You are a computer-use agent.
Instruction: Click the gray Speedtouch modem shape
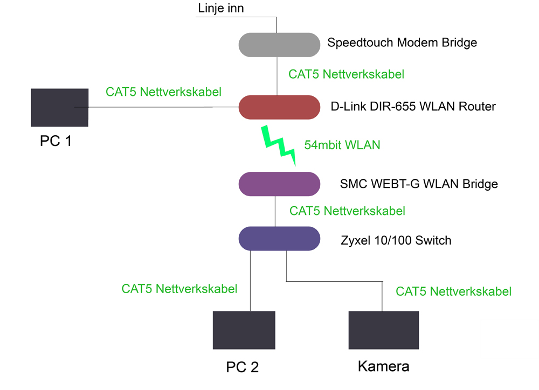click(279, 44)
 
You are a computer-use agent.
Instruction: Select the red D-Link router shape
click(279, 107)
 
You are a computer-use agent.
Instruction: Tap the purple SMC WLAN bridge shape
click(279, 184)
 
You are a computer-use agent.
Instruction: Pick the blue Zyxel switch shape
click(279, 239)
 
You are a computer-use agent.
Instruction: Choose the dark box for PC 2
click(244, 330)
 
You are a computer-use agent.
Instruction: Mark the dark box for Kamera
click(384, 330)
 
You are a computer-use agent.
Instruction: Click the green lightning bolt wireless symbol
click(279, 144)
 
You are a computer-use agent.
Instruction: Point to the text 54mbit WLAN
click(342, 145)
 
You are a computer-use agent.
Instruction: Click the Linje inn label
click(221, 9)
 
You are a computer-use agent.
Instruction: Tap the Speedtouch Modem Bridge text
click(402, 43)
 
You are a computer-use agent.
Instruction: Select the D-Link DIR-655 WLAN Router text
click(413, 107)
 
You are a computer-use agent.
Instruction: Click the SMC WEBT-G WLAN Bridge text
click(419, 184)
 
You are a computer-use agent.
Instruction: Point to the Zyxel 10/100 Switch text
click(396, 240)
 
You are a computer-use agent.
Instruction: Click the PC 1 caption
click(56, 142)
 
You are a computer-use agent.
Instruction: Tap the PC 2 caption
click(242, 367)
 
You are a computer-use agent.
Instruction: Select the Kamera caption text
click(383, 367)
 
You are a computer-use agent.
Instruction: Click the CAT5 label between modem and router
click(346, 74)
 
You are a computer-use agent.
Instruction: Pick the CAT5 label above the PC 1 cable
click(163, 92)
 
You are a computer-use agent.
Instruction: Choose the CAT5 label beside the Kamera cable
click(453, 292)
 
